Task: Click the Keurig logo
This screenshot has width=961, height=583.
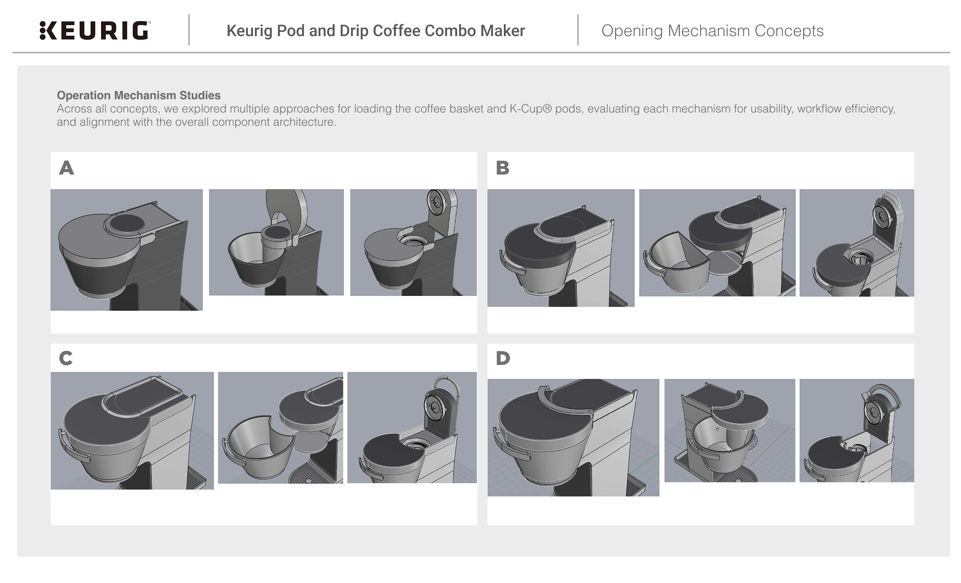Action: pyautogui.click(x=94, y=31)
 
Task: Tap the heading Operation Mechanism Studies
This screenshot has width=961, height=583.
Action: pyautogui.click(x=138, y=95)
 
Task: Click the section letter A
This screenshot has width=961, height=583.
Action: pyautogui.click(x=66, y=168)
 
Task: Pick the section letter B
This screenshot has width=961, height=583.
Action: pyautogui.click(x=502, y=168)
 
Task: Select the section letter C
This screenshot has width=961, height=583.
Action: pyautogui.click(x=66, y=358)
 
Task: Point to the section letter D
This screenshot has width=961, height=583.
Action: pyautogui.click(x=502, y=358)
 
